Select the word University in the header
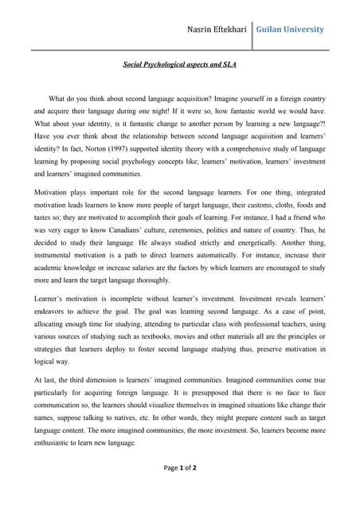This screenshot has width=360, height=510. [307, 29]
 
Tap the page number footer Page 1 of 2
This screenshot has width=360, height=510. [179, 489]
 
